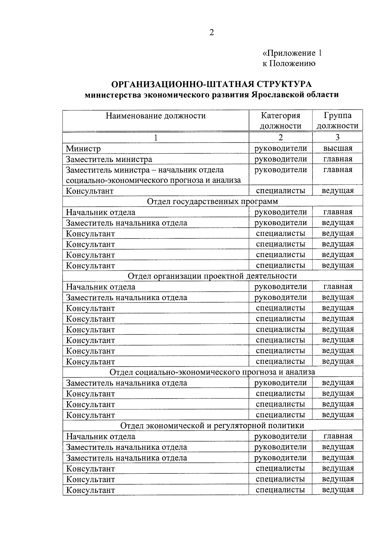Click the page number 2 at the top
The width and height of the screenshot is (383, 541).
point(212,33)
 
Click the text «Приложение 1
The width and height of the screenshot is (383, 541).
point(292,53)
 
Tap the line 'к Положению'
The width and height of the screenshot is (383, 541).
point(289,63)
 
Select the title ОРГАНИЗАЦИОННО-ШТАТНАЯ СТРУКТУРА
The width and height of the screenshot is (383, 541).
point(211,84)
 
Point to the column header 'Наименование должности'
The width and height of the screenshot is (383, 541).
point(156,116)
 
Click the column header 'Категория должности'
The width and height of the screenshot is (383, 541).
point(280,121)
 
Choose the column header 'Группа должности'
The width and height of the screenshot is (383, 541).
point(337,121)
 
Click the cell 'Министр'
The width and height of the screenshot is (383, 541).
point(83,149)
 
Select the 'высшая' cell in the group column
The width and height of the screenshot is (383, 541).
point(338,148)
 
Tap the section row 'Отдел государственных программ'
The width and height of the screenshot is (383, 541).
point(212,201)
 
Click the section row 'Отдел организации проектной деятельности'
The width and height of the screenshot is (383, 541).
point(212,276)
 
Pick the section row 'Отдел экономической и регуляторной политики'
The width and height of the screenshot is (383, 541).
point(212,426)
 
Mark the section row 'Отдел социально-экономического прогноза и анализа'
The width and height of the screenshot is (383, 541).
point(212,372)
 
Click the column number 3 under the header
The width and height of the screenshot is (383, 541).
point(337,137)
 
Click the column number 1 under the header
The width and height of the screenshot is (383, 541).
point(156,137)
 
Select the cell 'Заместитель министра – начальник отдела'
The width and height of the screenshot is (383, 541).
point(145,170)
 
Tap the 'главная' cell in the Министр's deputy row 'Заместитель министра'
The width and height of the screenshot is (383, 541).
point(338,159)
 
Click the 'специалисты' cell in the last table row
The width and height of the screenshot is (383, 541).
point(280,490)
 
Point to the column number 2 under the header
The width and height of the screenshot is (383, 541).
point(280,137)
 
